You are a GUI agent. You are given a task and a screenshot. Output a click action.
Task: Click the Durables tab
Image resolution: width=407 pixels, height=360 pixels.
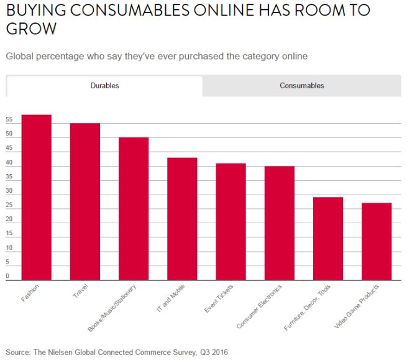pos(104,86)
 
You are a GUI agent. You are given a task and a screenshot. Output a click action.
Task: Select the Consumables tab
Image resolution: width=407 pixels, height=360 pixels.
pos(301,86)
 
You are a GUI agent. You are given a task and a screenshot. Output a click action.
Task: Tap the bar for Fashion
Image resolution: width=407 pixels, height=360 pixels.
pos(37,198)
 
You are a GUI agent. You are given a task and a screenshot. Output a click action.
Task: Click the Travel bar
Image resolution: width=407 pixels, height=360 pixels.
pos(85,202)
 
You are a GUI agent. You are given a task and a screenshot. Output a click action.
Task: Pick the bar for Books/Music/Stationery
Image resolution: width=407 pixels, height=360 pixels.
pos(134,209)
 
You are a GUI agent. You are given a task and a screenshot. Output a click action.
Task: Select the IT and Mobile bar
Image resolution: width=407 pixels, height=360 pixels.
pos(182,219)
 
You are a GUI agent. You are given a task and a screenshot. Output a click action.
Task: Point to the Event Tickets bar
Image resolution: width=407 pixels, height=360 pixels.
pos(231,222)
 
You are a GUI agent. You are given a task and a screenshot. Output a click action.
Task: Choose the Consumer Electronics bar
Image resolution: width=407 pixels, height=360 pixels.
pos(279,223)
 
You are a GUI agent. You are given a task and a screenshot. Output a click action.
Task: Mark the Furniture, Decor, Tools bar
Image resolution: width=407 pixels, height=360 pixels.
pos(327,239)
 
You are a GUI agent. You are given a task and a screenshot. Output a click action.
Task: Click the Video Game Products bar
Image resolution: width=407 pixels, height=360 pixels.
pos(377,241)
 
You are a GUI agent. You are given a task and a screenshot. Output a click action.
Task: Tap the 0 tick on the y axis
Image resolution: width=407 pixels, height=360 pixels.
pos(7,276)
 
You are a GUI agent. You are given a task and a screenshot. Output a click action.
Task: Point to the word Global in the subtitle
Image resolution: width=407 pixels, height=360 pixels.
pos(21,57)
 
